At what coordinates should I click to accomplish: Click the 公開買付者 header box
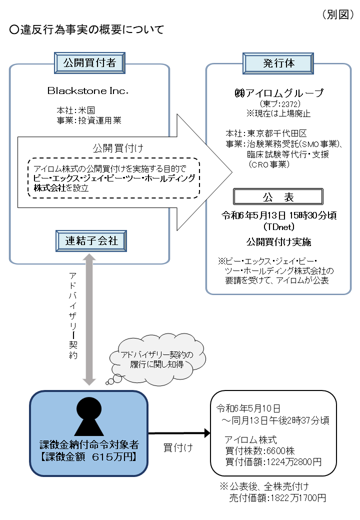[x=89, y=62]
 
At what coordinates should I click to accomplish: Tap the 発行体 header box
[x=278, y=63]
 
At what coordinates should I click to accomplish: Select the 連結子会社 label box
[x=91, y=241]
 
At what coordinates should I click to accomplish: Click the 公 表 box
[x=278, y=197]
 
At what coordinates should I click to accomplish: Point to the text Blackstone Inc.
[x=88, y=90]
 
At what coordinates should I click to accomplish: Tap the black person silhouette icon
[x=89, y=416]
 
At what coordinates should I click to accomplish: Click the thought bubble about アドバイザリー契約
[x=157, y=360]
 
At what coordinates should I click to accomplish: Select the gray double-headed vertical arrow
[x=89, y=319]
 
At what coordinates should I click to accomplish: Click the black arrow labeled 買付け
[x=179, y=433]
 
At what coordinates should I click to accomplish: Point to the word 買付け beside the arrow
[x=178, y=447]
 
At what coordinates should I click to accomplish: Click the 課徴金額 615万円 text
[x=89, y=456]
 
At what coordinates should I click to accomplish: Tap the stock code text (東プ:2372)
[x=280, y=104]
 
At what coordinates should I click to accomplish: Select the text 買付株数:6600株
[x=260, y=450]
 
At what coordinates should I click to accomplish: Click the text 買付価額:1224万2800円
[x=273, y=461]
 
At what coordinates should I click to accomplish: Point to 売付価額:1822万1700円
[x=277, y=498]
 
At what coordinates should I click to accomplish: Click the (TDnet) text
[x=279, y=227]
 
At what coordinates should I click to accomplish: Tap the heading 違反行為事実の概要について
[x=87, y=29]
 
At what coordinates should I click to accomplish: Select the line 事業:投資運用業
[x=89, y=120]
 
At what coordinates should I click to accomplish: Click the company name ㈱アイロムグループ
[x=279, y=93]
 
